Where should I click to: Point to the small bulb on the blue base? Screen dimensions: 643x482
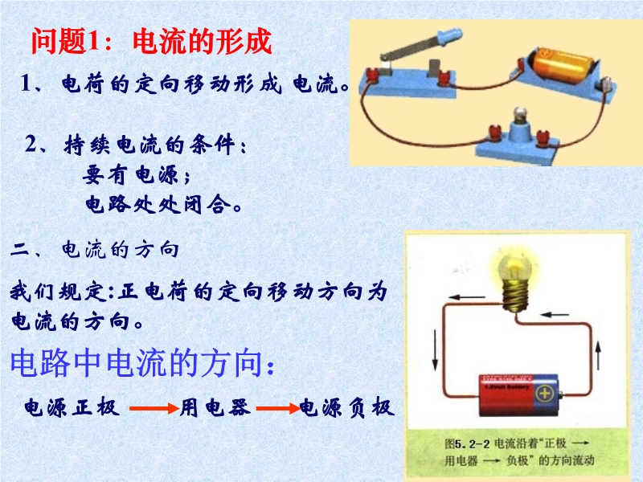coord(520,115)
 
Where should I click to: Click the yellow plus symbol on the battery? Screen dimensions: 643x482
coord(545,394)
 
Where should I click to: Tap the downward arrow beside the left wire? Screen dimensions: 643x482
coord(435,350)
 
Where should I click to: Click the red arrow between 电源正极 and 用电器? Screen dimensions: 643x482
coord(154,408)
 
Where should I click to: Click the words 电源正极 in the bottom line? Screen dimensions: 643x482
coord(72,407)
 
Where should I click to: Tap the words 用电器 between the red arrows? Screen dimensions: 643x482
coord(215,407)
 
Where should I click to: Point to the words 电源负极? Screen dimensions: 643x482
coord(346,407)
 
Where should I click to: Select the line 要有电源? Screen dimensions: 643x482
coord(137,175)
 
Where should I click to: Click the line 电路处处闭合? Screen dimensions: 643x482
coord(163,204)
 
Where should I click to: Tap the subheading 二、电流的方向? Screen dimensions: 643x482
coord(94,250)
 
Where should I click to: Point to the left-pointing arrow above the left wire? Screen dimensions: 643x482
coord(466,297)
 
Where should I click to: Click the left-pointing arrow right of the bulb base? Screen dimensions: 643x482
coord(555,315)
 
